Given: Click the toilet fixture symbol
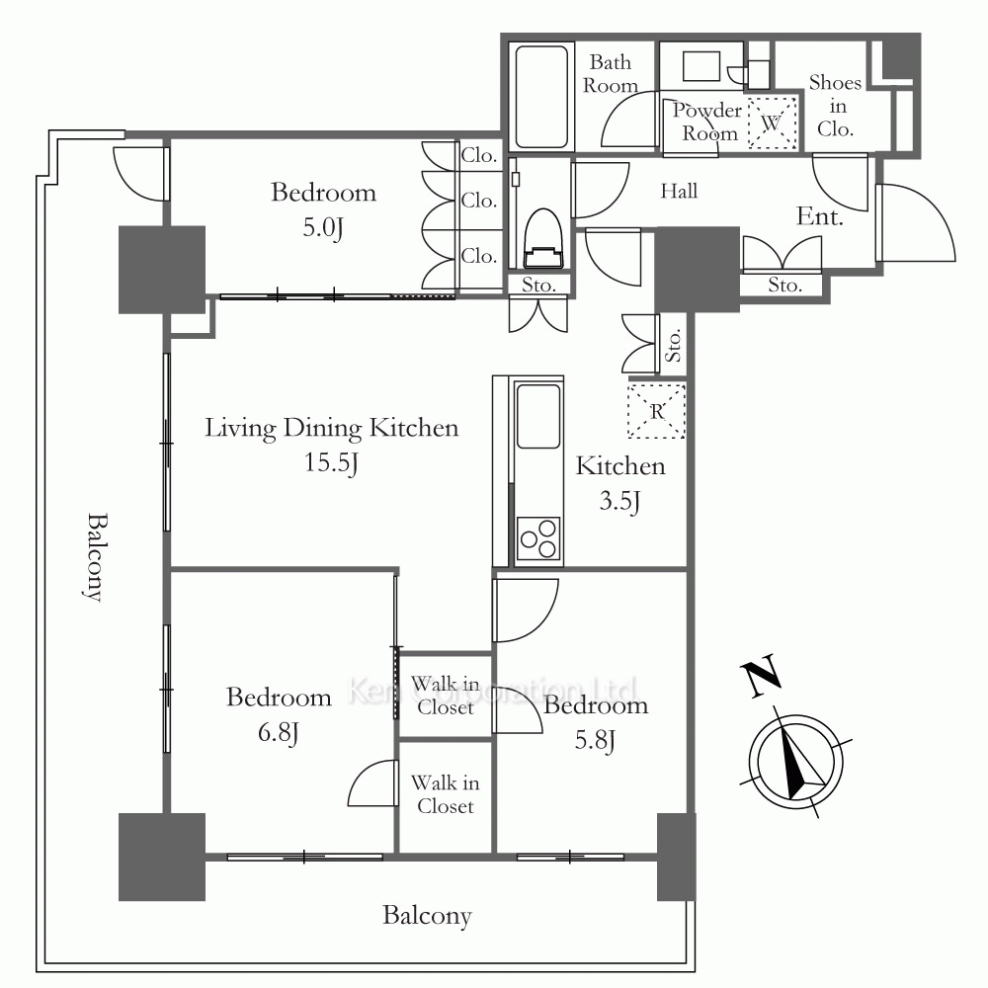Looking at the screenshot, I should [x=540, y=240].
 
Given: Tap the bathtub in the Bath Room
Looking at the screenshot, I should [x=542, y=96].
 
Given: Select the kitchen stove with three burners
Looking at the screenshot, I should [x=538, y=539].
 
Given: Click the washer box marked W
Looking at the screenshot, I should [x=773, y=123].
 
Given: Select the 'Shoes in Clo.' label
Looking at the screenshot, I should [x=835, y=106].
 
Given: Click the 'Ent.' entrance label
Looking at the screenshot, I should [x=820, y=216].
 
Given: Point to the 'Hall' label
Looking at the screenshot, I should [x=680, y=191].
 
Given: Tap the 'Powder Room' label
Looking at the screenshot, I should [x=707, y=122].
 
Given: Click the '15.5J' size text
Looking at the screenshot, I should [x=331, y=461].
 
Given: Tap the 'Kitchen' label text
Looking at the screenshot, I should [x=620, y=466].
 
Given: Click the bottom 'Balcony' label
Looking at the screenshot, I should [x=427, y=916].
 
